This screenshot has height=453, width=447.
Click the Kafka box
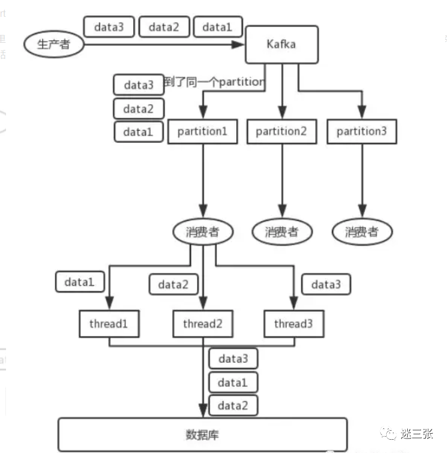point(281,43)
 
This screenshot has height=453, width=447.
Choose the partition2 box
point(281,131)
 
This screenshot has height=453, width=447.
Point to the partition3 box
point(361,131)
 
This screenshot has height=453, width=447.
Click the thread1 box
point(109,324)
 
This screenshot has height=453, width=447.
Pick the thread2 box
point(203,324)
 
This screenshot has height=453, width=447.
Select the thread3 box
point(293,324)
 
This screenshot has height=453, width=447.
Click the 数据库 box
point(202,434)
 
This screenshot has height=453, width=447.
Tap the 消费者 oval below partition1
point(203,232)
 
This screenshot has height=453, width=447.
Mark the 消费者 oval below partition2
point(281,232)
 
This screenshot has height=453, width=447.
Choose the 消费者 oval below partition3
point(361,232)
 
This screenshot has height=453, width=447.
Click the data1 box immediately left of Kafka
point(217,27)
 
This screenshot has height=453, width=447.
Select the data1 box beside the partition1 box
point(138,132)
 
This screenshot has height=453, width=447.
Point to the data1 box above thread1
point(80,281)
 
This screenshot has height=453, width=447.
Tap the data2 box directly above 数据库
point(233,405)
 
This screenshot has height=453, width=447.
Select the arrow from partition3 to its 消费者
point(361,181)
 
